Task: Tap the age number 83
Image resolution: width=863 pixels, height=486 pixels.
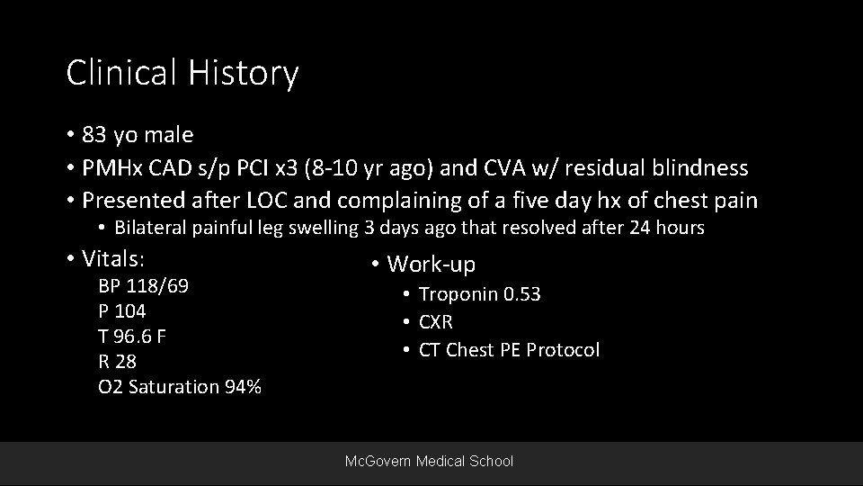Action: pos(94,135)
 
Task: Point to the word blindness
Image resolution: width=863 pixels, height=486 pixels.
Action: pos(704,167)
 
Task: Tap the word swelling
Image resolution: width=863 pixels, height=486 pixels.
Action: pos(325,228)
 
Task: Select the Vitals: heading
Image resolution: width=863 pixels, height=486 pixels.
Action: pos(114,259)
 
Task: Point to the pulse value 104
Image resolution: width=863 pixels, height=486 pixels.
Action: pos(130,311)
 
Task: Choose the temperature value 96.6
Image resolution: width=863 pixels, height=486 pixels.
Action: pos(134,337)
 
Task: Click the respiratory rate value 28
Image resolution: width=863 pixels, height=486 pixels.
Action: pos(125,362)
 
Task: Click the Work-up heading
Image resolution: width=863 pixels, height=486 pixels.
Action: pos(431,265)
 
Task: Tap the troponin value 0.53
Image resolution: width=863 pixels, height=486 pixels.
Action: pos(520,294)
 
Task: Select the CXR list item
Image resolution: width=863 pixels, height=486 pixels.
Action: pos(436,322)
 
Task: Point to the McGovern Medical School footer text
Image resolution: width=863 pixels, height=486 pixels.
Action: pos(430,461)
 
